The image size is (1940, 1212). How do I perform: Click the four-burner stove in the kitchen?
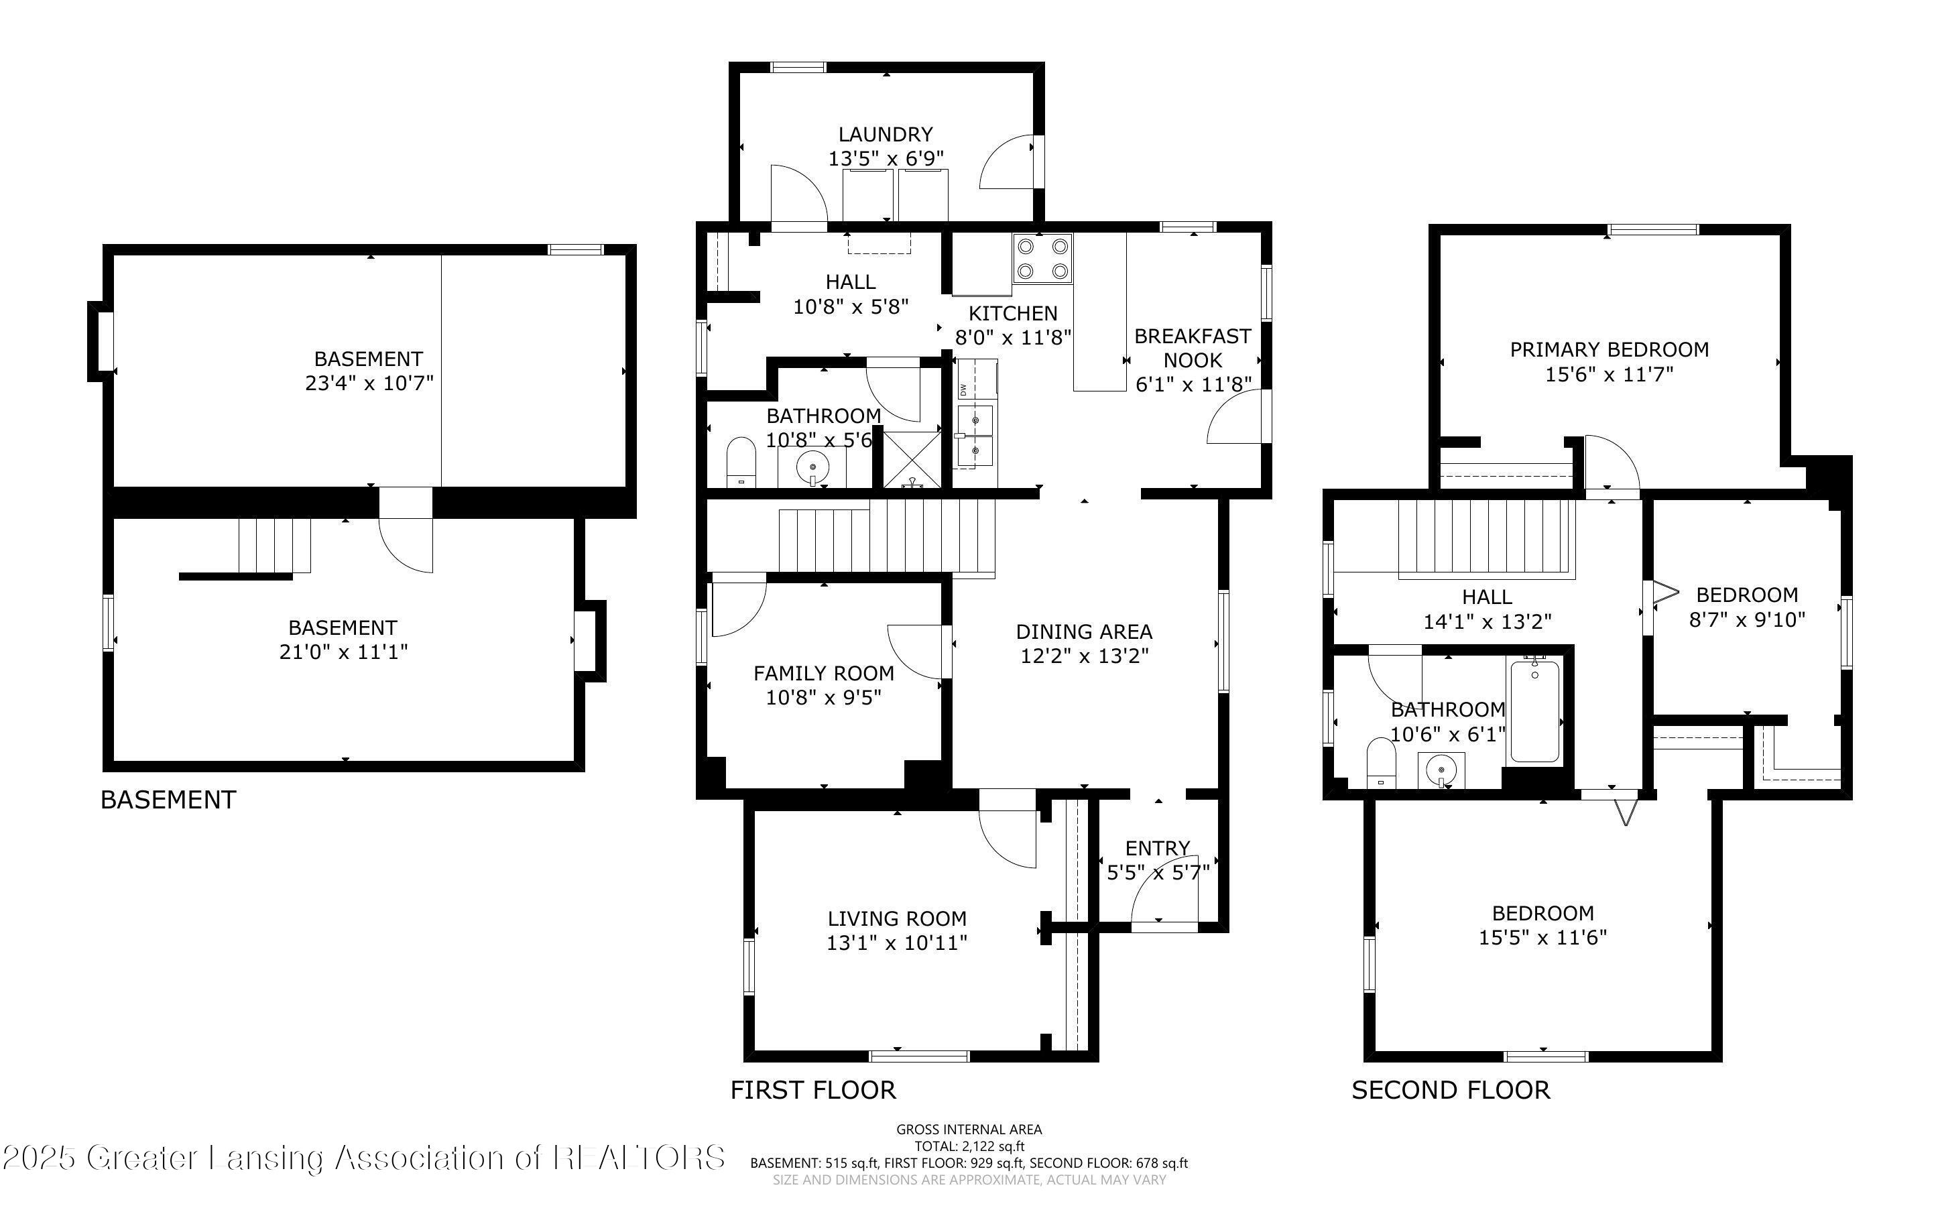coord(1042,258)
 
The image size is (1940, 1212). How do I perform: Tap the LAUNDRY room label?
coord(886,135)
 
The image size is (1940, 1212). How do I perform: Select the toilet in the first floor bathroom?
coord(741,463)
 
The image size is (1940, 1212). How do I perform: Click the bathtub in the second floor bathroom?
coord(1534,711)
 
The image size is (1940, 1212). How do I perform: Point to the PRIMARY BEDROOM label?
coord(1609,349)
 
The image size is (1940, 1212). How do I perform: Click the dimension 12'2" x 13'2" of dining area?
coord(1084,656)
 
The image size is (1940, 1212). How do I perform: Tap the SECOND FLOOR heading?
coord(1451,1090)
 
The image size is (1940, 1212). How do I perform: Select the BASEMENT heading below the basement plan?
coord(168,800)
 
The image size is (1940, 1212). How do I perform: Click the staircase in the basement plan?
coord(274,546)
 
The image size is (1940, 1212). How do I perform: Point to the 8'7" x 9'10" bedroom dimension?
coord(1747,619)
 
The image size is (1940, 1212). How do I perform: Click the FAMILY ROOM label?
coord(824,673)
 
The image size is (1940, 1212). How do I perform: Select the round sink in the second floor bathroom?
coord(1441,771)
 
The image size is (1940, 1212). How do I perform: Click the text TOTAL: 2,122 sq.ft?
coord(969,1146)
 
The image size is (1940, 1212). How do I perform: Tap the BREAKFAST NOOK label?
coord(1193,348)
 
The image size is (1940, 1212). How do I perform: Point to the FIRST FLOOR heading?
coord(812,1090)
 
